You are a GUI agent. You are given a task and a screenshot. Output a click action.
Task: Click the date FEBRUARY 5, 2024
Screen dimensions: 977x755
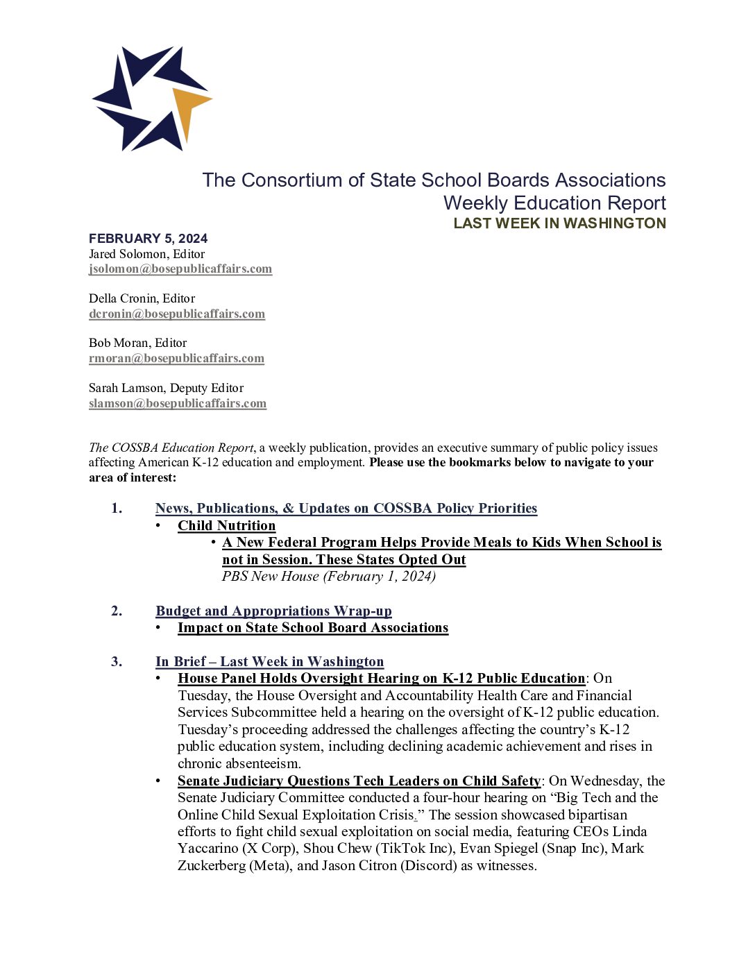(148, 238)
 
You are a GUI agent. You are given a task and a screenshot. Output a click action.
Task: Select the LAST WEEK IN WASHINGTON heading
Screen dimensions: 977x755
(559, 223)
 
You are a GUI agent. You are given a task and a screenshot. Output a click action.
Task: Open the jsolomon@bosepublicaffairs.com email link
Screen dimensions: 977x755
(180, 269)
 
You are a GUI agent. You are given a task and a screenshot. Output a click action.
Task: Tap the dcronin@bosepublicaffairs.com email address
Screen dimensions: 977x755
(177, 314)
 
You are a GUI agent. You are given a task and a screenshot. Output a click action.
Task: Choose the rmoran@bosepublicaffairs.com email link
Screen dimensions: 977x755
(176, 358)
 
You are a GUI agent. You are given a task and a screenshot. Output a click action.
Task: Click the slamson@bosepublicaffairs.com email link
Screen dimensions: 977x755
(178, 403)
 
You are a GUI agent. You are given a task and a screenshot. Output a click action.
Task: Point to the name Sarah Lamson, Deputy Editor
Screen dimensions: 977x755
(166, 388)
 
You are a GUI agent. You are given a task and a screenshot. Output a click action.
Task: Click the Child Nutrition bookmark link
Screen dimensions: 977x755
(226, 525)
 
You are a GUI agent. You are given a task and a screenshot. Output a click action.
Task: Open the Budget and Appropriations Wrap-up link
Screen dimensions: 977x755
(273, 611)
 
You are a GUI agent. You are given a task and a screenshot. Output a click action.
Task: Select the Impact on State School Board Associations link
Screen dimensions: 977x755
(313, 627)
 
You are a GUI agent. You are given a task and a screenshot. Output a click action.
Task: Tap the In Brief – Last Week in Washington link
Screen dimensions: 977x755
(269, 661)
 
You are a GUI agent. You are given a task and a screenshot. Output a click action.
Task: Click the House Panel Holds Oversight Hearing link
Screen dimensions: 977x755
(381, 678)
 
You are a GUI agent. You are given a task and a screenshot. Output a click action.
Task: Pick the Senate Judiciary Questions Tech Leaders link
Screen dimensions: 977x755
(359, 781)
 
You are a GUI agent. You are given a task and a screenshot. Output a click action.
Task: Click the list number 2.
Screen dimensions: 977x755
(117, 611)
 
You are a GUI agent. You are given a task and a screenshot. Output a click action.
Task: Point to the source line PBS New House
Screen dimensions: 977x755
(328, 576)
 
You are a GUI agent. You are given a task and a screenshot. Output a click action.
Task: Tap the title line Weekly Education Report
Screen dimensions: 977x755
(554, 203)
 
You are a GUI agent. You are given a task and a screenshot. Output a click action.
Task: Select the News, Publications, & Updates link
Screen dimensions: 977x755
(346, 508)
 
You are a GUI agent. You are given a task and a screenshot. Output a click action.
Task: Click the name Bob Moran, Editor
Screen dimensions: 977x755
(137, 343)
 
